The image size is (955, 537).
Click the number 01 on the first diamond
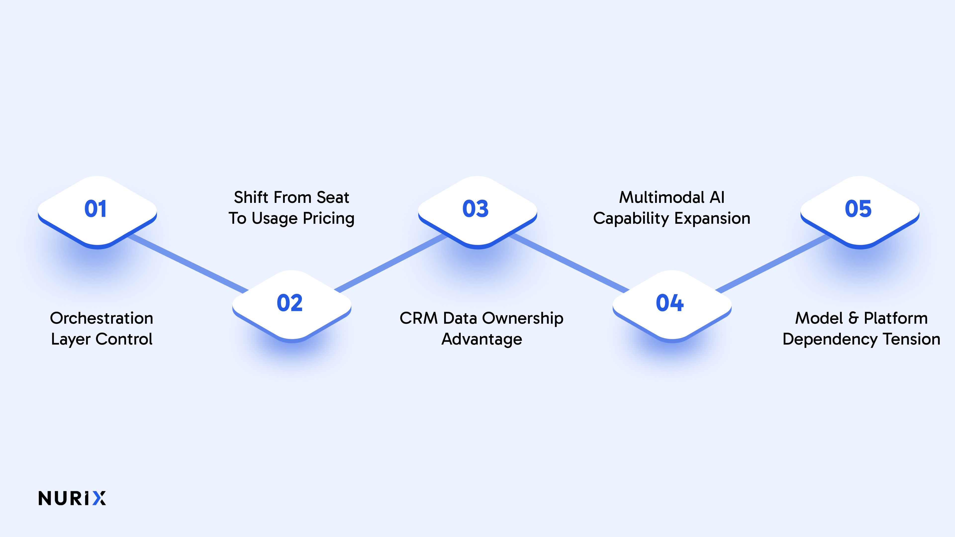(x=96, y=209)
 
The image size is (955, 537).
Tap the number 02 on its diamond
(x=289, y=303)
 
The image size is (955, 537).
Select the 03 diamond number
(x=476, y=209)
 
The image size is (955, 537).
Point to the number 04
(x=669, y=303)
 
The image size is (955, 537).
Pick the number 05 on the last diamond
(x=858, y=209)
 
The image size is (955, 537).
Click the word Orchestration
(x=101, y=318)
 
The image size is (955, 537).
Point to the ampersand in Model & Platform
(x=854, y=318)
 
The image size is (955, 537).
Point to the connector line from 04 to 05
(x=771, y=263)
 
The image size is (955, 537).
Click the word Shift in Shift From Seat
(x=251, y=198)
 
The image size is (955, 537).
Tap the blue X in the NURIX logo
(x=99, y=498)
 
